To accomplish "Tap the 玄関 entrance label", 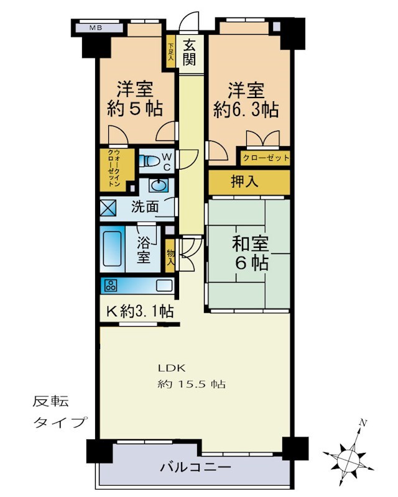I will click(x=190, y=53).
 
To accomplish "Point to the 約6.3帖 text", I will click(x=246, y=109).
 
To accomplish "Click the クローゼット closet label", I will click(x=266, y=158).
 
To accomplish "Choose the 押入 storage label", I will click(x=249, y=182).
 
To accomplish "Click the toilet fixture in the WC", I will click(x=150, y=162).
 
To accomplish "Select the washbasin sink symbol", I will click(x=159, y=185).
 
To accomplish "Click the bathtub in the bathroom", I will click(x=113, y=248).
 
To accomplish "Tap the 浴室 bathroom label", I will click(x=144, y=248).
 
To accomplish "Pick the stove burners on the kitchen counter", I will click(x=111, y=286).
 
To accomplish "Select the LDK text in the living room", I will click(x=167, y=367).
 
